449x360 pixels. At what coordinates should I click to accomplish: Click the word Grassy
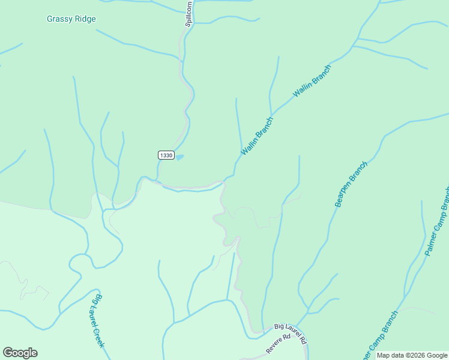pyautogui.click(x=59, y=19)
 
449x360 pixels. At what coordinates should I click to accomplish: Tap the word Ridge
pyautogui.click(x=85, y=19)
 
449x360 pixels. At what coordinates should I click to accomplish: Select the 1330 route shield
pyautogui.click(x=166, y=155)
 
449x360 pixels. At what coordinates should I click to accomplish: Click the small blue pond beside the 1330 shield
pyautogui.click(x=179, y=157)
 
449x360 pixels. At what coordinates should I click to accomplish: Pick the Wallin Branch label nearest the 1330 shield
pyautogui.click(x=257, y=136)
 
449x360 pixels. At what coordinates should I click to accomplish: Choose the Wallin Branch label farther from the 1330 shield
pyautogui.click(x=312, y=82)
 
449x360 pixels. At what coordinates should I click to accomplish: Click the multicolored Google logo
pyautogui.click(x=20, y=353)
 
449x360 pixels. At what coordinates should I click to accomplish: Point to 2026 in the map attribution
pyautogui.click(x=416, y=355)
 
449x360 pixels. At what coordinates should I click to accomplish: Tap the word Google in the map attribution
pyautogui.click(x=436, y=355)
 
